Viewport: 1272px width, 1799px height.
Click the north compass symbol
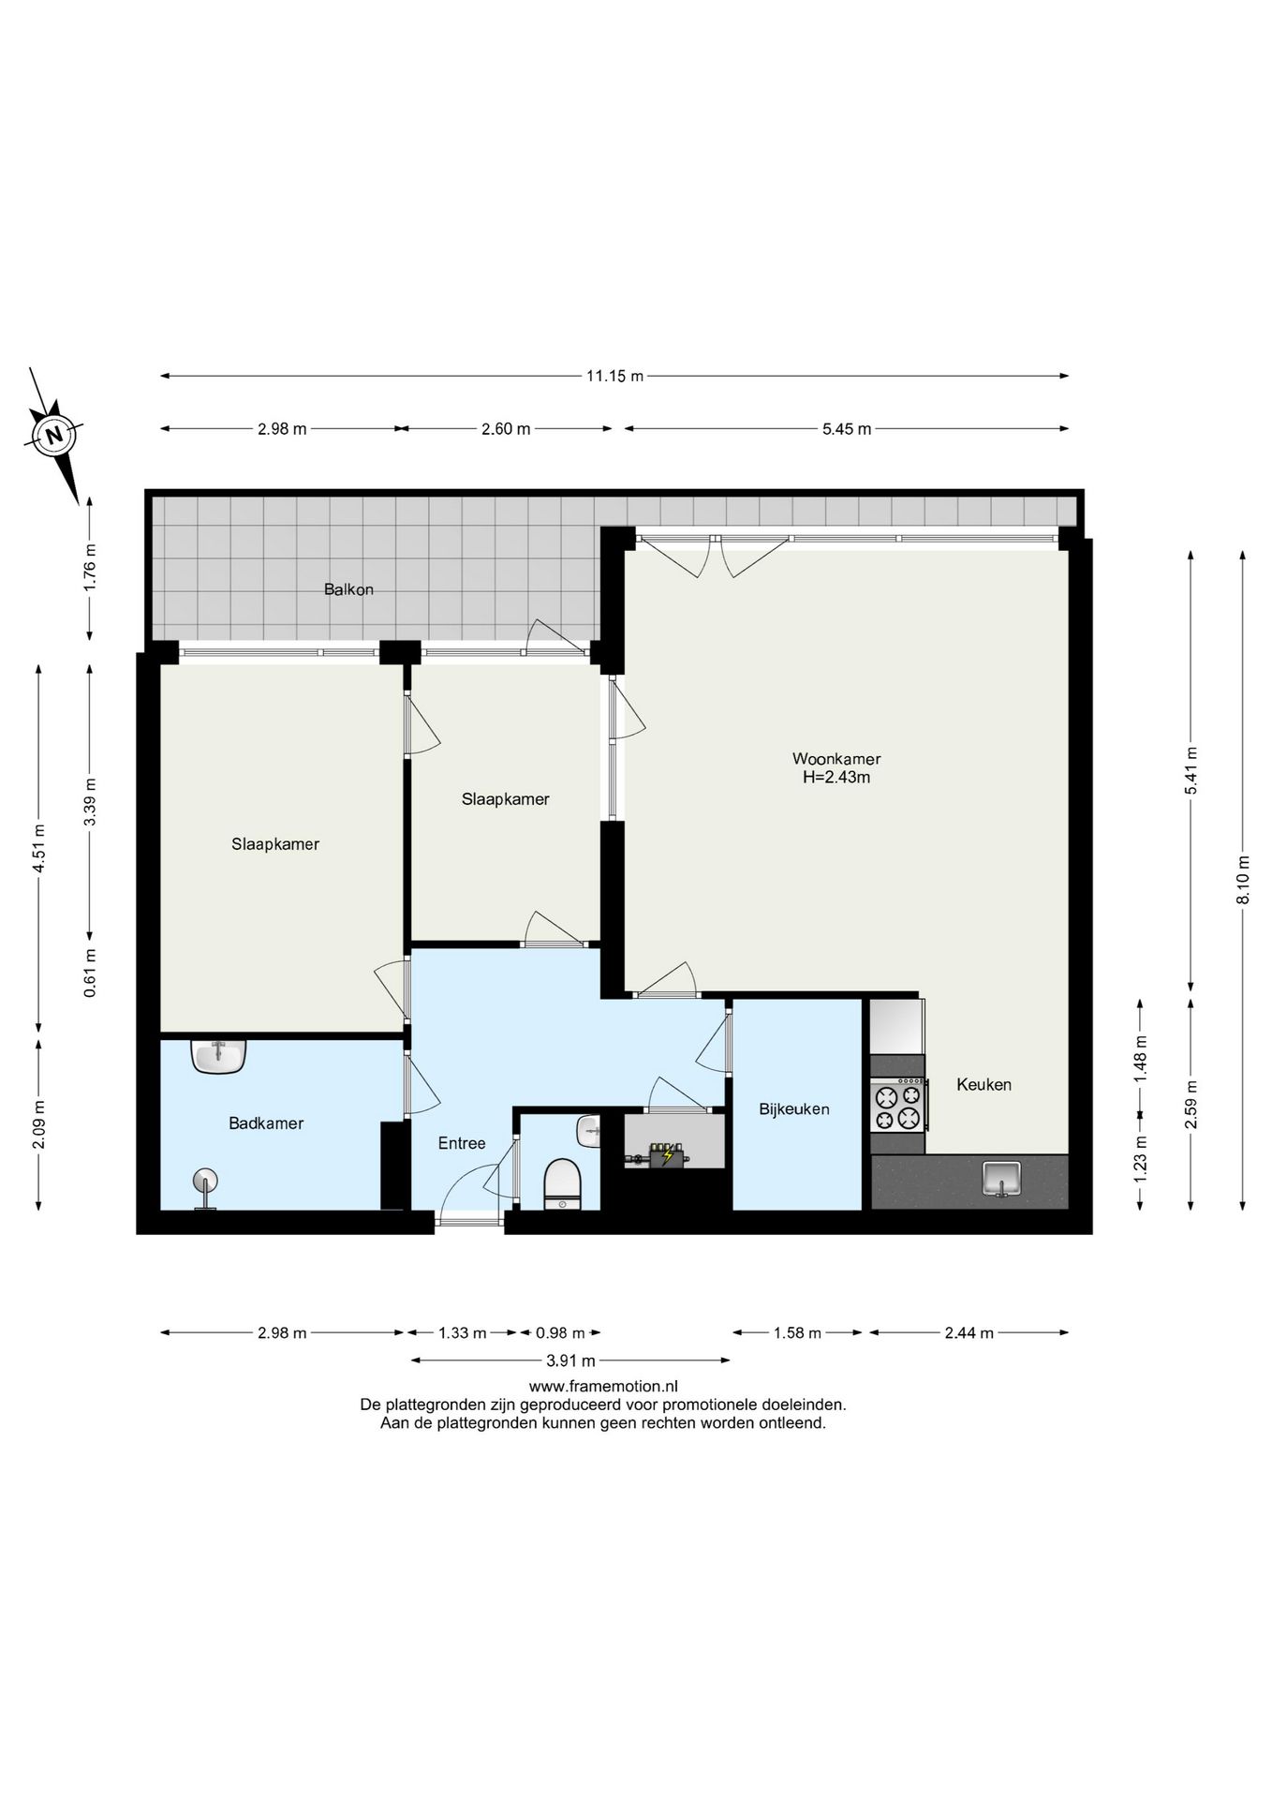[x=55, y=435]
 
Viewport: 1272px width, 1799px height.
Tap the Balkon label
[x=348, y=589]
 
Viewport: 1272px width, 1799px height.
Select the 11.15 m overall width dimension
[x=614, y=377]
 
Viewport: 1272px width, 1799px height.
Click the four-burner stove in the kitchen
[x=897, y=1106]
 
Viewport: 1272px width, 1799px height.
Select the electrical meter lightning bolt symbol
[x=667, y=1156]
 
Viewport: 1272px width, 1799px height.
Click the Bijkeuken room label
[x=794, y=1109]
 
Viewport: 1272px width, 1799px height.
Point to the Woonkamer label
[x=836, y=759]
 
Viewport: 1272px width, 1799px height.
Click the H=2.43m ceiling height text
[x=836, y=777]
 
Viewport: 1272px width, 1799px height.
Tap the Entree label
[x=462, y=1143]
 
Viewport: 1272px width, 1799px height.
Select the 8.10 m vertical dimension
[x=1243, y=880]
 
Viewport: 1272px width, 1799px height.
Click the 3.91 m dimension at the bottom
[x=569, y=1360]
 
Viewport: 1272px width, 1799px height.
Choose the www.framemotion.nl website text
[x=603, y=1386]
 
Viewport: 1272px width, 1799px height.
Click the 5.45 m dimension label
[x=847, y=429]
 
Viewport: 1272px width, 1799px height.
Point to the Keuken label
[x=984, y=1085]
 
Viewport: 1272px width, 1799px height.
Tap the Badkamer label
[x=266, y=1123]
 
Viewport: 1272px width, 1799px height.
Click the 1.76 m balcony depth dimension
[x=90, y=569]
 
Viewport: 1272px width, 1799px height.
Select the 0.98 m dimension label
[x=560, y=1333]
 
